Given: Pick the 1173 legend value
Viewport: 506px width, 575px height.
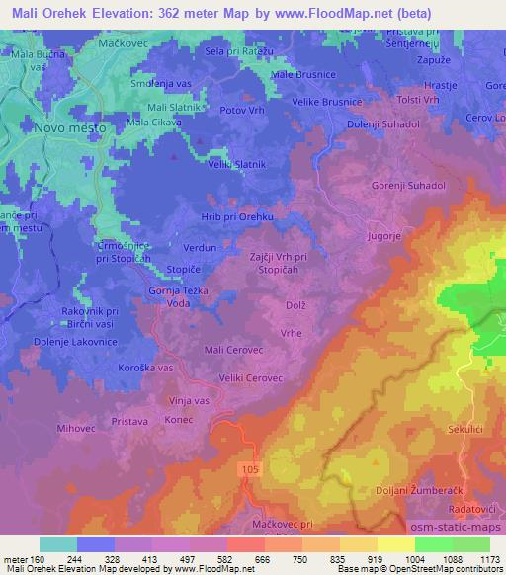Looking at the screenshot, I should pos(485,559).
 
